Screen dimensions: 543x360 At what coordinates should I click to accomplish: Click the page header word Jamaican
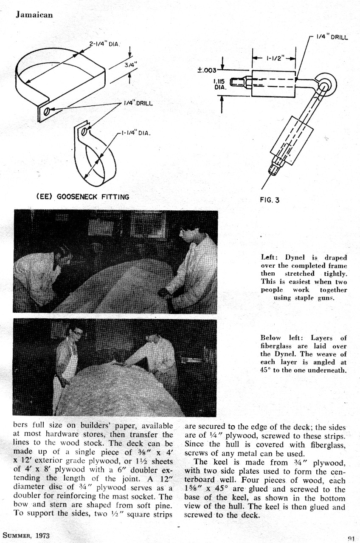(34, 15)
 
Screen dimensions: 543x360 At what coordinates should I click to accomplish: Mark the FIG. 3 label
(270, 200)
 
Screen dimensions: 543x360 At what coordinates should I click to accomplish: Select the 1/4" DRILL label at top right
(332, 37)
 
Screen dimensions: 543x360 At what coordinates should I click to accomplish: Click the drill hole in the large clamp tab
(47, 111)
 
